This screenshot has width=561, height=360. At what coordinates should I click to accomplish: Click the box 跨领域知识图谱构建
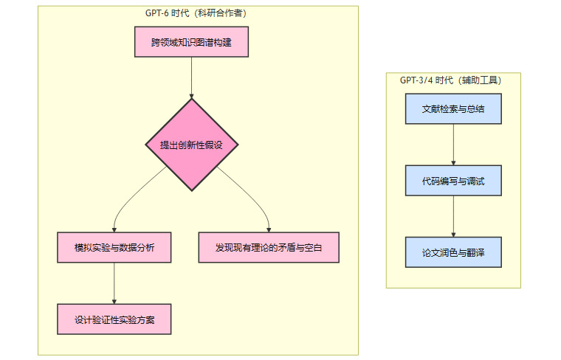pyautogui.click(x=191, y=42)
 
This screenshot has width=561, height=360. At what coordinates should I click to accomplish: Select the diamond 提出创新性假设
pyautogui.click(x=192, y=145)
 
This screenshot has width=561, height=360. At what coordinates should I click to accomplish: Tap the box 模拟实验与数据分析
pyautogui.click(x=114, y=247)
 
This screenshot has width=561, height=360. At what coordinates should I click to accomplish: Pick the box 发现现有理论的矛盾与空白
pyautogui.click(x=269, y=247)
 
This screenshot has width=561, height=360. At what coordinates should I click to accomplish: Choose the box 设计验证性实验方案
pyautogui.click(x=114, y=319)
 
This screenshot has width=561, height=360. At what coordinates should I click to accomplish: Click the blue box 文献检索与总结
pyautogui.click(x=453, y=108)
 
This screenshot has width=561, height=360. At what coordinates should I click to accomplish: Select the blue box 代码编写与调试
pyautogui.click(x=453, y=181)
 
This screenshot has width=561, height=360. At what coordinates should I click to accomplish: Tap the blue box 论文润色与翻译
pyautogui.click(x=453, y=252)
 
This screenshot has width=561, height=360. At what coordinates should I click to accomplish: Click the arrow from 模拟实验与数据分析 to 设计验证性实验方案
pyautogui.click(x=114, y=283)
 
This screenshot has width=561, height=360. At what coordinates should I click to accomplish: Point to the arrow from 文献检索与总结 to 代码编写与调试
pyautogui.click(x=453, y=145)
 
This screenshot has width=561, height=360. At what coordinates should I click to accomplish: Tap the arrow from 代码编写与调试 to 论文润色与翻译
pyautogui.click(x=453, y=216)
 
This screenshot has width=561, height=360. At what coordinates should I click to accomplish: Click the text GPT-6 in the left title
pyautogui.click(x=156, y=13)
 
